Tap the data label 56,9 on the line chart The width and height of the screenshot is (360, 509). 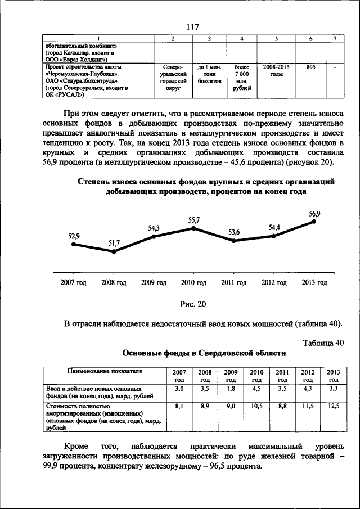pyautogui.click(x=314, y=214)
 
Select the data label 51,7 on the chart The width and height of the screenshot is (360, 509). pyautogui.click(x=114, y=243)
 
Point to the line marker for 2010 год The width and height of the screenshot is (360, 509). pyautogui.click(x=194, y=228)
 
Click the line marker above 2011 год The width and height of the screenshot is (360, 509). pyautogui.click(x=234, y=241)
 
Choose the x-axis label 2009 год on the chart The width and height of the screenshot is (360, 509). pyautogui.click(x=154, y=282)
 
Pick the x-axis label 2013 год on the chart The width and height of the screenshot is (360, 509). pyautogui.click(x=314, y=282)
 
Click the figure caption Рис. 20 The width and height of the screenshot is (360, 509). pyautogui.click(x=193, y=304)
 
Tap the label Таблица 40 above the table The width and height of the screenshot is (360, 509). pyautogui.click(x=322, y=343)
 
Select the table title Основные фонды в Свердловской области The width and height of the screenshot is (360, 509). pyautogui.click(x=204, y=353)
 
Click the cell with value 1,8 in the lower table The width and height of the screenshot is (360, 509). pyautogui.click(x=231, y=389)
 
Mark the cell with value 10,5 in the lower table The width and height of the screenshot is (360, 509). pyautogui.click(x=256, y=406)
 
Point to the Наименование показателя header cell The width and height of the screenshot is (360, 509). pyautogui.click(x=105, y=372)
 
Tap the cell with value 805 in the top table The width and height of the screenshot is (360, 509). pyautogui.click(x=310, y=67)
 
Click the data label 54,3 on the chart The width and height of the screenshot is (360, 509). pyautogui.click(x=154, y=228)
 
